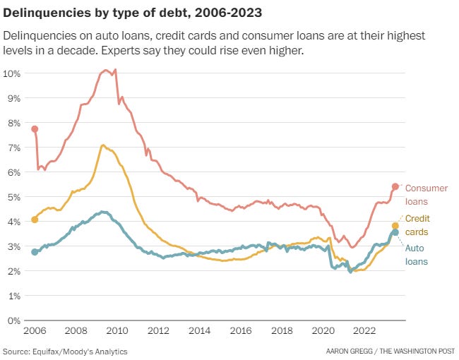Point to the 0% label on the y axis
point(13,320)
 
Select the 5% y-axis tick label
point(13,197)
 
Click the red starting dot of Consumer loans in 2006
point(35,129)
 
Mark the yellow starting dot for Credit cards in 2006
point(35,220)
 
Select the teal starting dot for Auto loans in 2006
point(35,252)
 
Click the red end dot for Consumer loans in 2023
point(395,187)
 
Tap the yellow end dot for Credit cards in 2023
point(395,226)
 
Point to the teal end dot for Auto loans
point(395,232)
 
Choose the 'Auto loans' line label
point(416,254)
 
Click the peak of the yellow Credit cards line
point(103,145)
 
